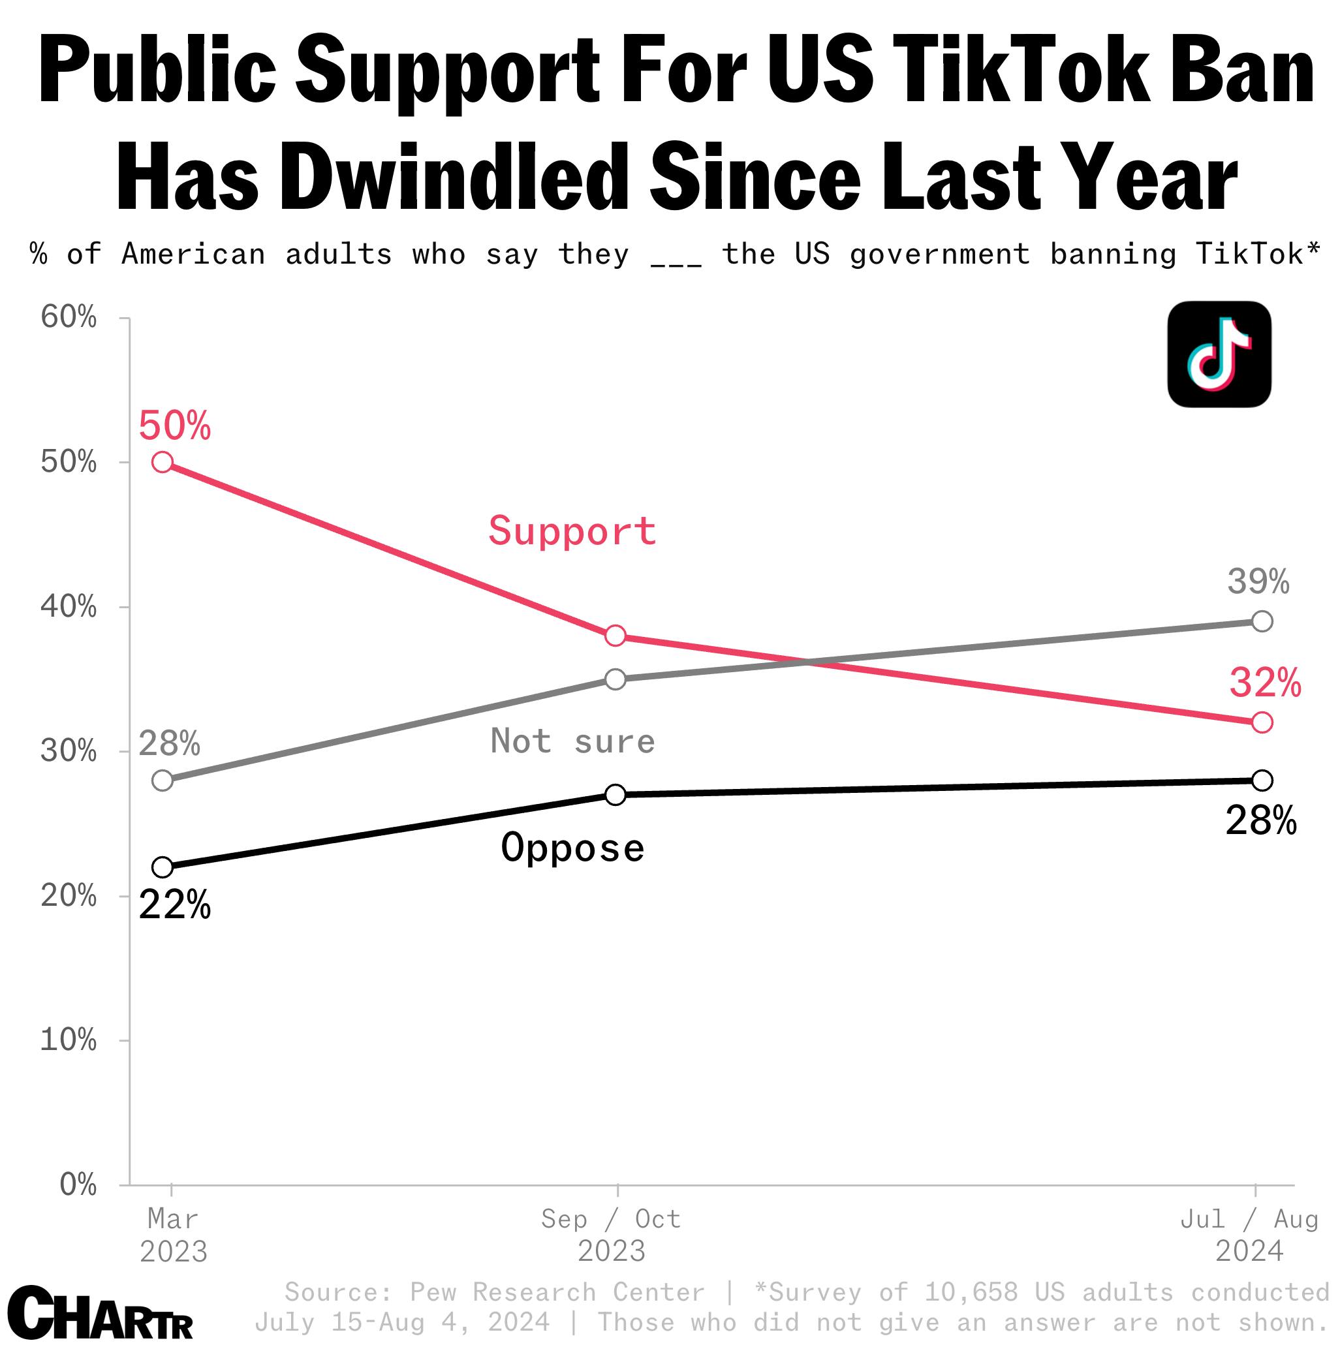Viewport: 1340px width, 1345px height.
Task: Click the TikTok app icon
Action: point(1219,354)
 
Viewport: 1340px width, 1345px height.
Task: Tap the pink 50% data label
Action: point(174,426)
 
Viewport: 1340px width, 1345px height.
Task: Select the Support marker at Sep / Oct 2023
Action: point(615,636)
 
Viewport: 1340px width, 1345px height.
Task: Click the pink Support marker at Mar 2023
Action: point(162,462)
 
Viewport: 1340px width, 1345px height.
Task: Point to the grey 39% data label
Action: point(1258,581)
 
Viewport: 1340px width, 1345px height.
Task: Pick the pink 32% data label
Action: point(1265,683)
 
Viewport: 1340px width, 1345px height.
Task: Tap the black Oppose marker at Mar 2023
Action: point(162,867)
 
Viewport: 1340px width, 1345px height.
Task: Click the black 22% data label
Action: point(174,906)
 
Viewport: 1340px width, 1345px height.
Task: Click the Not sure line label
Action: point(573,741)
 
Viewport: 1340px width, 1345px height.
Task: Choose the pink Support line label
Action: point(572,531)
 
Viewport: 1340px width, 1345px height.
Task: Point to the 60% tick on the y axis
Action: point(69,317)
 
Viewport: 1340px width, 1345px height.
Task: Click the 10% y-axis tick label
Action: point(69,1040)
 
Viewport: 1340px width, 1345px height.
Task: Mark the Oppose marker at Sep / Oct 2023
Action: point(615,794)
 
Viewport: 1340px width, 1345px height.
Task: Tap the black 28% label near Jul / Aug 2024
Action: point(1260,822)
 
